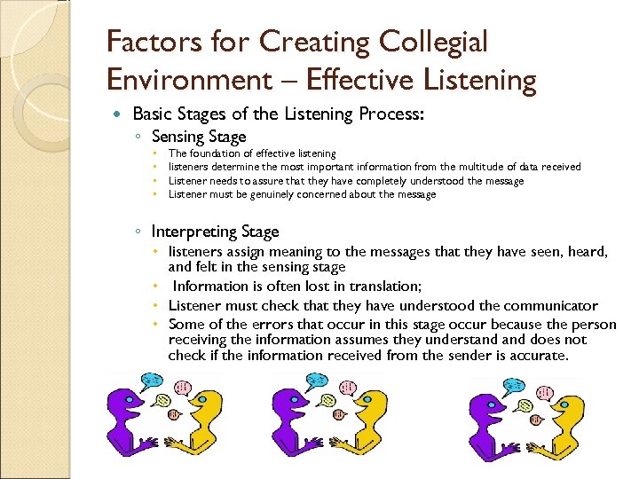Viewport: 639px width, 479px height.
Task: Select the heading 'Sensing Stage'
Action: [x=199, y=136]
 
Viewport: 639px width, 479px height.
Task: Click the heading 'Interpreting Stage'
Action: [x=215, y=232]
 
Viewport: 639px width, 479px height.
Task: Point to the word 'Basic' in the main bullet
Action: [x=151, y=114]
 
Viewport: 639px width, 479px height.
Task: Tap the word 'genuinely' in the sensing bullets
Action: [x=273, y=194]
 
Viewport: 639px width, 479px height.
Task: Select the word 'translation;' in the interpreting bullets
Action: [x=380, y=286]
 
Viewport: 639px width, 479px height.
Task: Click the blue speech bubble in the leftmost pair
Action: [x=153, y=381]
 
